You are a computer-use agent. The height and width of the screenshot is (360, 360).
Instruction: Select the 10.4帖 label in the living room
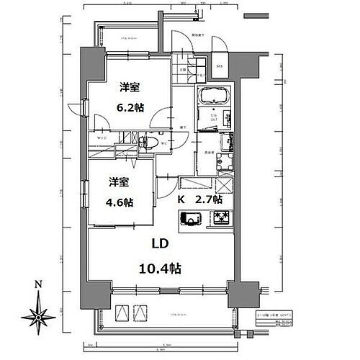pos(160,268)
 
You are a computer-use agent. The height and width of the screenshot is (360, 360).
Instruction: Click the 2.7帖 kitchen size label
pos(208,199)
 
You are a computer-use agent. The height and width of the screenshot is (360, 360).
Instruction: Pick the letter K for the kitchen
pos(182,199)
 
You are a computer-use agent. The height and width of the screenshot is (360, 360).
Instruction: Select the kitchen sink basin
pos(191,219)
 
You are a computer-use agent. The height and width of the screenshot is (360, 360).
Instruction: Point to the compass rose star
pos(38,315)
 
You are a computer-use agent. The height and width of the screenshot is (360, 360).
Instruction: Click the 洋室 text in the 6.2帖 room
pos(130,88)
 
